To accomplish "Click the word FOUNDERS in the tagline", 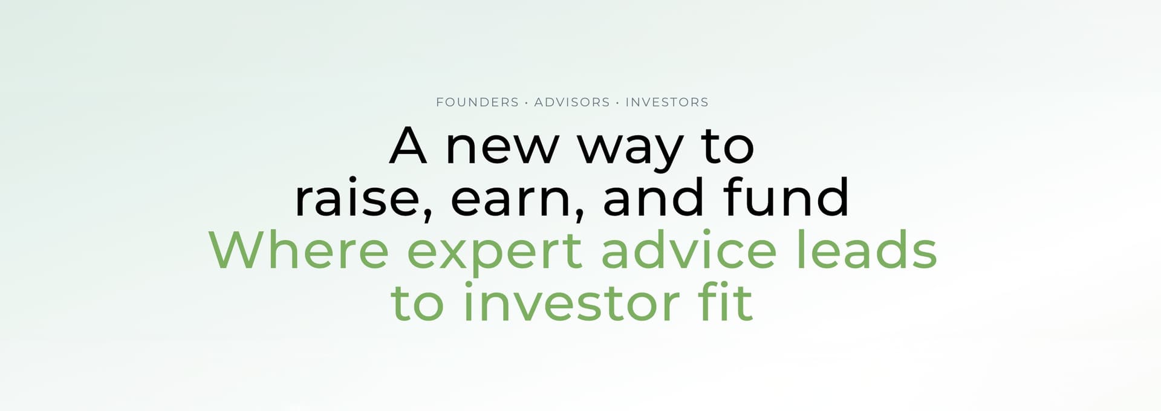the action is pyautogui.click(x=477, y=102).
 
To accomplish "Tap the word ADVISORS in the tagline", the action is pyautogui.click(x=572, y=102).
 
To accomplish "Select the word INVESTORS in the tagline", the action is pyautogui.click(x=666, y=102).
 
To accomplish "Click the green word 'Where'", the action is pyautogui.click(x=299, y=248).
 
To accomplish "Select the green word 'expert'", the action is pyautogui.click(x=495, y=254).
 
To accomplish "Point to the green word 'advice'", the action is pyautogui.click(x=689, y=248).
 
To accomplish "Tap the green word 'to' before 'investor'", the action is pyautogui.click(x=418, y=303).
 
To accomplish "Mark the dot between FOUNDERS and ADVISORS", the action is pyautogui.click(x=527, y=103).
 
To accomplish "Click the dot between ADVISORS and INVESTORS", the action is pyautogui.click(x=617, y=103).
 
